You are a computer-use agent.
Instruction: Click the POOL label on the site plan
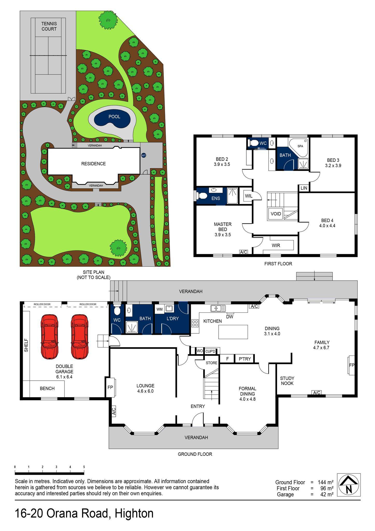coord(114,117)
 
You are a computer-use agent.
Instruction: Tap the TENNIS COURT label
coord(49,26)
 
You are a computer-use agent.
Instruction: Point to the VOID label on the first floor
coord(276,214)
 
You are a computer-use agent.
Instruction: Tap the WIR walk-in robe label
coord(276,245)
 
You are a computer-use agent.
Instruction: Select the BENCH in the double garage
coord(47,388)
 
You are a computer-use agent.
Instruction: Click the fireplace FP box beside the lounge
coord(110,388)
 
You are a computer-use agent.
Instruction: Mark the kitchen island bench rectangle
coord(233,332)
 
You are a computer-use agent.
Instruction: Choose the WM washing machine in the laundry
coord(160,309)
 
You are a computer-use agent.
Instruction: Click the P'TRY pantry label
coord(245,359)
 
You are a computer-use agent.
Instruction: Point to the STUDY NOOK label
coord(287,381)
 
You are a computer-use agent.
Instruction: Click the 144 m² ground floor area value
coord(325,483)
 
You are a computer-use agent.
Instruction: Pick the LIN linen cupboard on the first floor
coord(304,188)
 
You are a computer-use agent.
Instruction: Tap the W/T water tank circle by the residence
coord(143,155)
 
